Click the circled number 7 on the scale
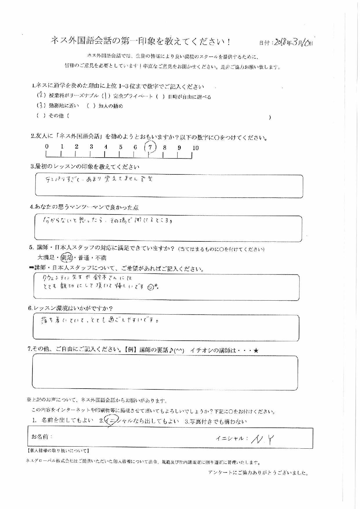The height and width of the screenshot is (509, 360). (150, 147)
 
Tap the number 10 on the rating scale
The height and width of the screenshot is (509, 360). (195, 148)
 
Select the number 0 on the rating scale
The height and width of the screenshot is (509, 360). (47, 147)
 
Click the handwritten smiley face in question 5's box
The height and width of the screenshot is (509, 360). (150, 287)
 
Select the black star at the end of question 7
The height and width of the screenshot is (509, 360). (256, 351)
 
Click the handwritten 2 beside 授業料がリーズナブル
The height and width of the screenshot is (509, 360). (41, 95)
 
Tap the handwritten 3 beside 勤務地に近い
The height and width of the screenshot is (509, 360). (41, 105)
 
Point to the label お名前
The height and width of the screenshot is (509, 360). (42, 437)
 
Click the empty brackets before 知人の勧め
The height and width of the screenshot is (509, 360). (91, 106)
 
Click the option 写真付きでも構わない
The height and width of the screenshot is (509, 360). (216, 421)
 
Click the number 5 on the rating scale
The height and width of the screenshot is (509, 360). (120, 147)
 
